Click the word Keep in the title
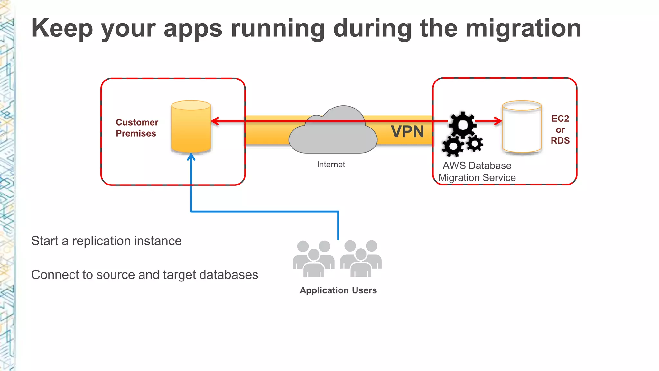(x=62, y=29)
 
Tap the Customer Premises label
(x=137, y=128)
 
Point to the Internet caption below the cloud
(x=331, y=165)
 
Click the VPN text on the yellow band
(x=407, y=132)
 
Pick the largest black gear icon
(x=463, y=125)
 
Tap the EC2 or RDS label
(x=560, y=129)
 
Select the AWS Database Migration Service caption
(x=477, y=172)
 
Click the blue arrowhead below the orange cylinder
(x=191, y=157)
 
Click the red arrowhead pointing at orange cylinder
(x=215, y=121)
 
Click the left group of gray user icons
(x=313, y=259)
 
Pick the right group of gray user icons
(x=361, y=259)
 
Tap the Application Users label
(x=338, y=290)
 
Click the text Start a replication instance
(x=106, y=241)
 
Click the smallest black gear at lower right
(x=475, y=144)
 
